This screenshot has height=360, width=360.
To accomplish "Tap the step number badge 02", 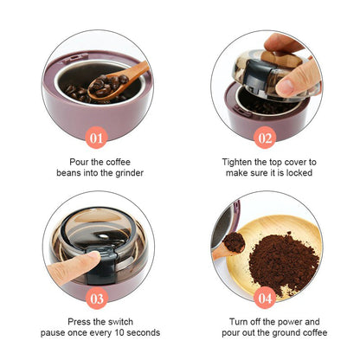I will click(x=265, y=136).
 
